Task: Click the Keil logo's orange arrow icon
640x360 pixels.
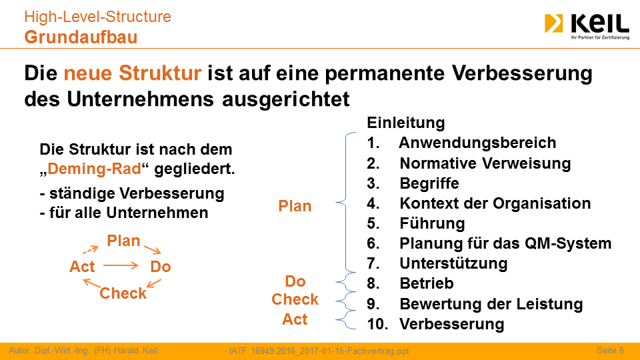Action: [x=553, y=23]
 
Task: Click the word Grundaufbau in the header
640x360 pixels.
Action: [x=81, y=37]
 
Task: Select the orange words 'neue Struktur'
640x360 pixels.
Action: [x=133, y=73]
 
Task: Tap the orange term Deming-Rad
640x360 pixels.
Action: [x=94, y=169]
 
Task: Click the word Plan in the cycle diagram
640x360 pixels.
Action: [x=123, y=241]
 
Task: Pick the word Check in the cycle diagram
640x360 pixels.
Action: [x=123, y=293]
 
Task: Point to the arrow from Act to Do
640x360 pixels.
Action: [x=121, y=266]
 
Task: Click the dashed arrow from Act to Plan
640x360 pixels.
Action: [x=90, y=250]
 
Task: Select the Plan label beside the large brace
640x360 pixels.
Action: [x=295, y=206]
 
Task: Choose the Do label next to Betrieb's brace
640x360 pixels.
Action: [x=295, y=281]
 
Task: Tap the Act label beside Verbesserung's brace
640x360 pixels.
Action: [x=295, y=319]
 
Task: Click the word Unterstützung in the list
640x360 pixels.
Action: [x=453, y=263]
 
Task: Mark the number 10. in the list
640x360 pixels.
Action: [x=377, y=324]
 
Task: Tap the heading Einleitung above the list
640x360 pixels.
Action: [x=406, y=123]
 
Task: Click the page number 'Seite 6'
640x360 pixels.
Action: [x=610, y=350]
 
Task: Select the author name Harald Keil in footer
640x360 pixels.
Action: [x=135, y=350]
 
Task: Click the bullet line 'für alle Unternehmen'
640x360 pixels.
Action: [x=124, y=213]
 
